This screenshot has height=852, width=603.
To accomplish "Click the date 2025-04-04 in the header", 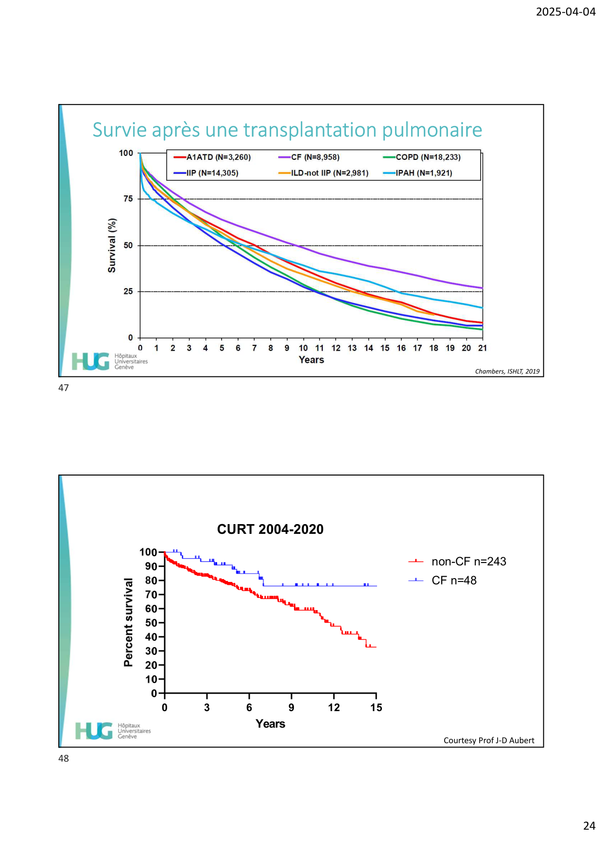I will pos(565,12).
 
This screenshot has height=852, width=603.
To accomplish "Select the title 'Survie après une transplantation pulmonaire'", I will pos(287,130).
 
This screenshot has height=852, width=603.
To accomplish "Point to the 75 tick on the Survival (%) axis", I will pos(128,199).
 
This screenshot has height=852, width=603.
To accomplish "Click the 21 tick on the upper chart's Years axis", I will pos(482,348).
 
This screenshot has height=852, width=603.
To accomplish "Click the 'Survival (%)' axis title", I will pos(112,245).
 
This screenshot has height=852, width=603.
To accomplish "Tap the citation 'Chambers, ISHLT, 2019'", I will pos(507,372).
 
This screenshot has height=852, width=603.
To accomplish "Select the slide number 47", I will pos(64,388).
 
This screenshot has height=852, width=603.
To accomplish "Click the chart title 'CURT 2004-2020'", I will pos(270,529).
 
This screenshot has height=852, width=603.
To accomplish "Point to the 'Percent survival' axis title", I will pos(128,622).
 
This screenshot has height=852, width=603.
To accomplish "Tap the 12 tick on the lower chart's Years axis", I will pos(334,708).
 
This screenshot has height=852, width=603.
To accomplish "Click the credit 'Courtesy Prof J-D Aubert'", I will pos(488,741).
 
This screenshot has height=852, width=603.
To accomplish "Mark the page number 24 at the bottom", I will pos(589,826).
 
